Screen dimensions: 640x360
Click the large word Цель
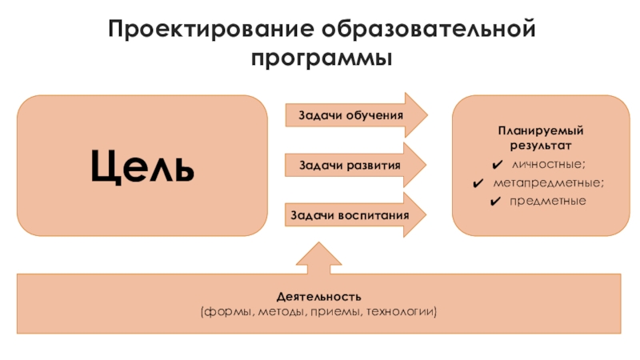142,166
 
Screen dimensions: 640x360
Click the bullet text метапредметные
549,182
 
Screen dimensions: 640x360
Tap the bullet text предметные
548,200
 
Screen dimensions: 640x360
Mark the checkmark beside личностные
497,165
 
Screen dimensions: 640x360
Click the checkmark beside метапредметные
478,182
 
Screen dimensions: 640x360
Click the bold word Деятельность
319,298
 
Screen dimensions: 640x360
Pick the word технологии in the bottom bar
401,311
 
